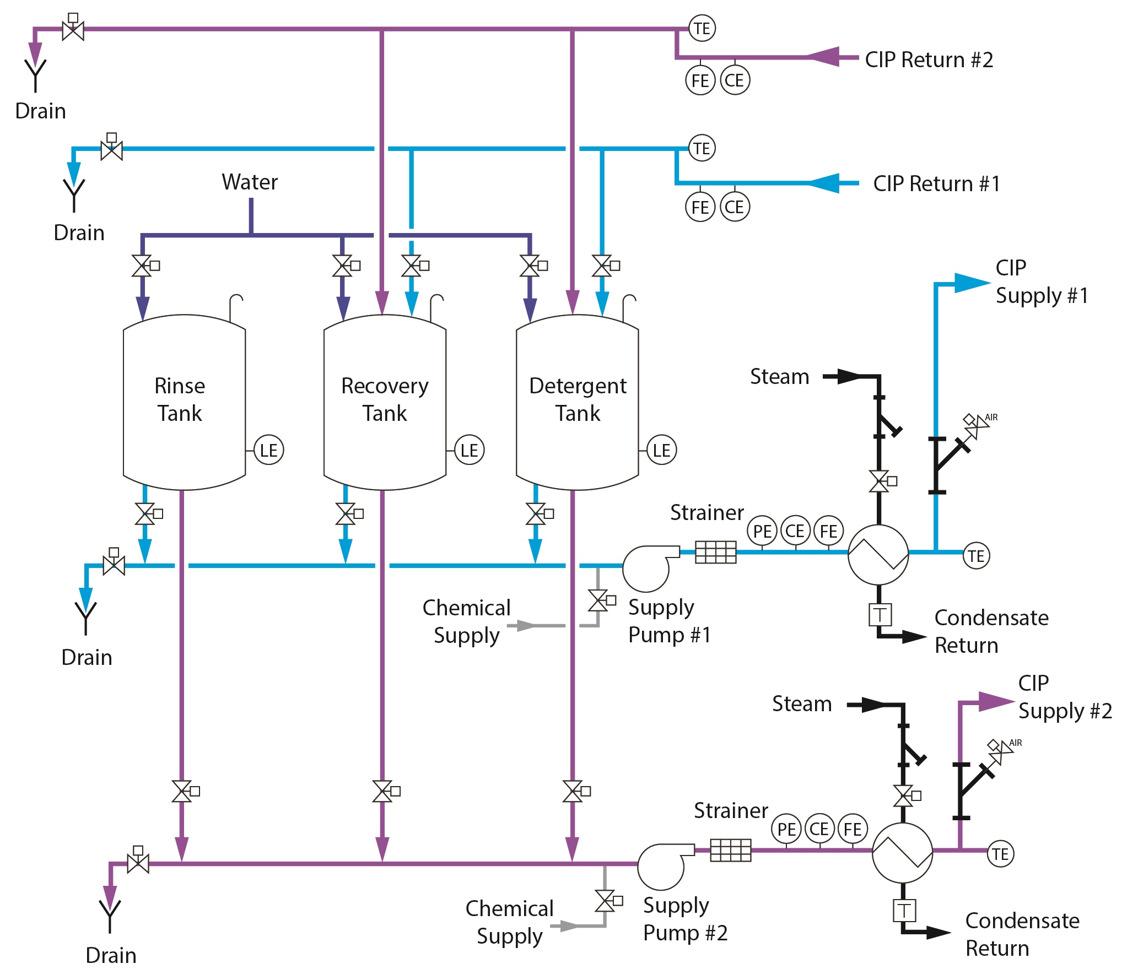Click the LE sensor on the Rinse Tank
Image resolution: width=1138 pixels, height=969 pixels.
point(268,450)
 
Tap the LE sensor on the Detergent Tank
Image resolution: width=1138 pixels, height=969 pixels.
point(661,450)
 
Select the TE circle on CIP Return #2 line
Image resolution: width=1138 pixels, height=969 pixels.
point(702,28)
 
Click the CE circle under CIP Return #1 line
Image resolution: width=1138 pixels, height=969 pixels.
point(734,207)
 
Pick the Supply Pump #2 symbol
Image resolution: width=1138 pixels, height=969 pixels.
point(664,866)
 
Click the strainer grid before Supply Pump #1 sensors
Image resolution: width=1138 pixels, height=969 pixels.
point(715,552)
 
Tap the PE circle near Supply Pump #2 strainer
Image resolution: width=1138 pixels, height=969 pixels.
point(786,829)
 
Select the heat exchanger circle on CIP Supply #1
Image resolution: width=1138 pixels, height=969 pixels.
point(877,554)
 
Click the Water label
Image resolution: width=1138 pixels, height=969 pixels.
point(250,182)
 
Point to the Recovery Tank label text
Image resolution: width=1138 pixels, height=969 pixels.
point(385,399)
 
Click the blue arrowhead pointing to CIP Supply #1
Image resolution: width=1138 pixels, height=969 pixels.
point(970,283)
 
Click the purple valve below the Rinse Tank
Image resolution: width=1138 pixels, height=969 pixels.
point(182,792)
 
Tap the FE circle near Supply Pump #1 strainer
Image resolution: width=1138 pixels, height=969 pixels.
point(828,531)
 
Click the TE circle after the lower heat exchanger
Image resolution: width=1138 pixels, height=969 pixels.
point(1000,854)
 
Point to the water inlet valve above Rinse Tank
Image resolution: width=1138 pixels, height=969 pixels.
point(142,266)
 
